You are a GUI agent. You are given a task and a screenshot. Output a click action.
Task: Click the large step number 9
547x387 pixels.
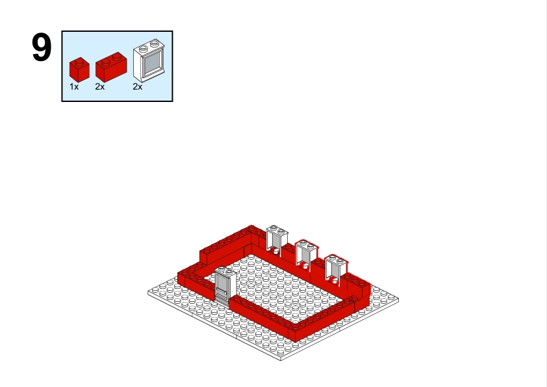tap(42, 47)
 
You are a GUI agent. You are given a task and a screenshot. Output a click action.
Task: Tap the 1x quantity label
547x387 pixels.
tap(74, 87)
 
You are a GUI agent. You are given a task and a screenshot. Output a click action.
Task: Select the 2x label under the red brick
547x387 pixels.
tap(100, 87)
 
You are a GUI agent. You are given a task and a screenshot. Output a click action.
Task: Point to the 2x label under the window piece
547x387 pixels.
tap(138, 87)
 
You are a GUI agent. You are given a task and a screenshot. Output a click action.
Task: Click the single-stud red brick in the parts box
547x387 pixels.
tap(79, 69)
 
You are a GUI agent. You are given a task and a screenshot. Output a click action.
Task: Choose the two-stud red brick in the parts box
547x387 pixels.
tap(111, 67)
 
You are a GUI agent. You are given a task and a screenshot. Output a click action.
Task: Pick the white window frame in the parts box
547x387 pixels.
tap(149, 60)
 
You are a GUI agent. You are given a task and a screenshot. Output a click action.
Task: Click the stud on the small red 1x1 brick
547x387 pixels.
tap(80, 62)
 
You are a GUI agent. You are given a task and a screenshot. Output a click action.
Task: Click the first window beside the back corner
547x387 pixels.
tap(277, 241)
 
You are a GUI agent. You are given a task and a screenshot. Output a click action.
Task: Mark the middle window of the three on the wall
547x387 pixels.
tap(306, 255)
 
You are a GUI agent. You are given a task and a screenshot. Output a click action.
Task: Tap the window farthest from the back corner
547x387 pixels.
tap(335, 270)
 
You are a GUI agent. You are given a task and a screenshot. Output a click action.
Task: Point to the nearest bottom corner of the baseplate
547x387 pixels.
tap(281, 360)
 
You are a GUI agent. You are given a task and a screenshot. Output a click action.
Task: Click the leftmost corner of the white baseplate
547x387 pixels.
tap(148, 293)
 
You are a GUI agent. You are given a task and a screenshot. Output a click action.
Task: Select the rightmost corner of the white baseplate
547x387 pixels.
tap(398, 299)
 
